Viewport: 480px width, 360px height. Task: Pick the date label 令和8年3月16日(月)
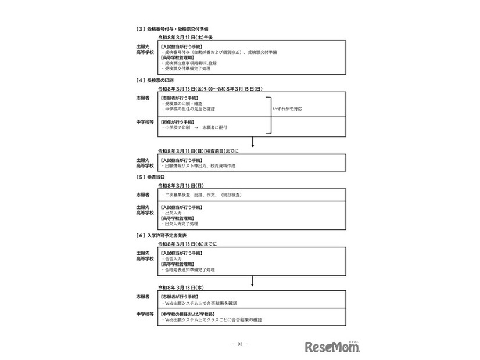coord(181,185)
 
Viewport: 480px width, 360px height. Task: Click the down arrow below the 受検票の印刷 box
coord(253,143)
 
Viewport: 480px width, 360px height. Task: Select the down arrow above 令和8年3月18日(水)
coord(253,282)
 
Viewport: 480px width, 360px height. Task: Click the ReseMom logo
coord(332,347)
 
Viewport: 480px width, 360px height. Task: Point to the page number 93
coord(239,344)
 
